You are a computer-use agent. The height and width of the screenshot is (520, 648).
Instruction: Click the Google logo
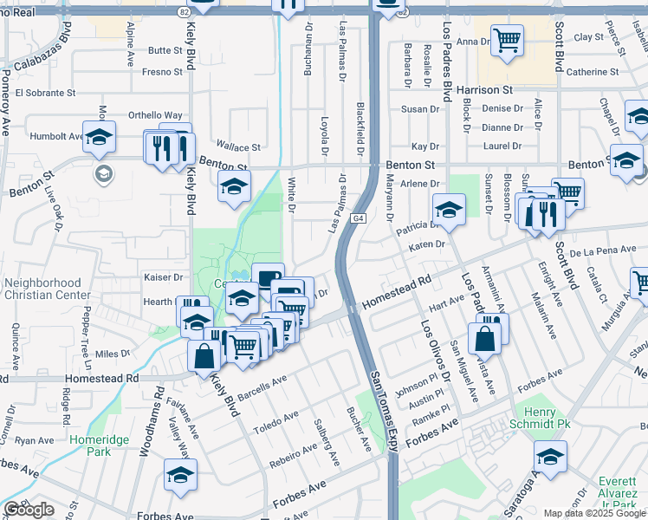[x=29, y=510]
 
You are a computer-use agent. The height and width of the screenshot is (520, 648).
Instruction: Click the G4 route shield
[x=358, y=218]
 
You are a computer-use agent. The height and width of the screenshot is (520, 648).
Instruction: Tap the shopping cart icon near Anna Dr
[x=507, y=39]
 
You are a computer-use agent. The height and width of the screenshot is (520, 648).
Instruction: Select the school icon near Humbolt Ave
[x=100, y=136]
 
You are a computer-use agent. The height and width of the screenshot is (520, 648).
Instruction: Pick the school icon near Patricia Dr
[x=450, y=209]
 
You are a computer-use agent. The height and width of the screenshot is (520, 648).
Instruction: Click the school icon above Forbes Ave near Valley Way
[x=180, y=474]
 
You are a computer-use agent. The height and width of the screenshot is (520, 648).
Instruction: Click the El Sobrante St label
[x=46, y=91]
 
